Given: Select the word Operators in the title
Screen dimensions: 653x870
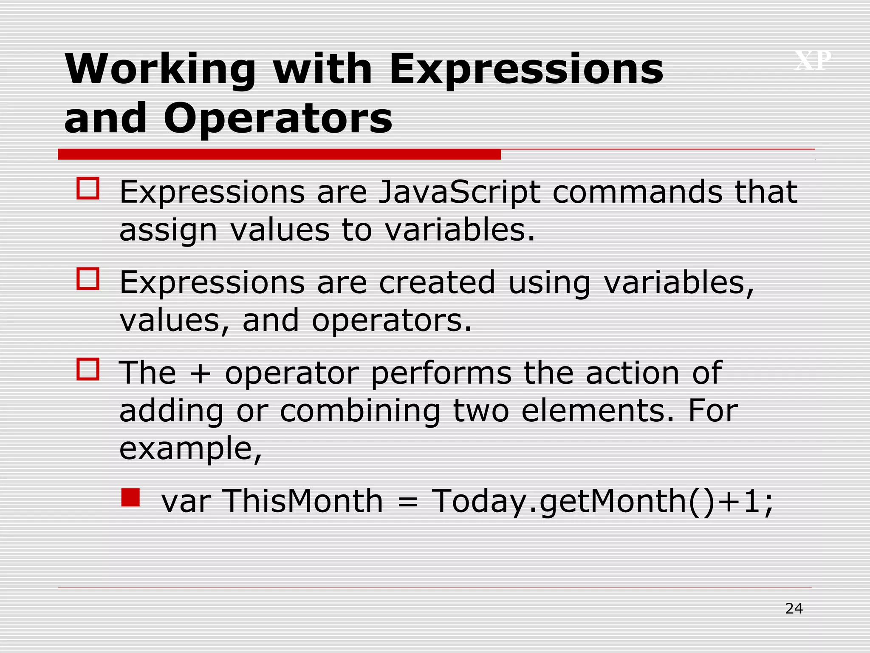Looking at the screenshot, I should [278, 119].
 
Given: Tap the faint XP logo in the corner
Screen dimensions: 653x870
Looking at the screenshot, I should [813, 60].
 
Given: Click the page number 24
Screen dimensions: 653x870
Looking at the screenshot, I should [794, 608].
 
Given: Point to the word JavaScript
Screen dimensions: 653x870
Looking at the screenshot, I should [459, 193].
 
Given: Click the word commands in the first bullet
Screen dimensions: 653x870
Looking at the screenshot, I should [637, 192].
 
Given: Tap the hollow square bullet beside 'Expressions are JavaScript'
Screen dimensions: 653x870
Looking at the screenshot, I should [88, 188].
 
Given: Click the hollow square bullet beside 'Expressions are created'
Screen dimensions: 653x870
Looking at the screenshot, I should [88, 279].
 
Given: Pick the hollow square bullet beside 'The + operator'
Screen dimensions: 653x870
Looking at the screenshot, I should [88, 369].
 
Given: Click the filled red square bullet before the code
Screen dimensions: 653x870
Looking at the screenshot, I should [130, 497].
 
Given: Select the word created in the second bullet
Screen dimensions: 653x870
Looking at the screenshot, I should [437, 283].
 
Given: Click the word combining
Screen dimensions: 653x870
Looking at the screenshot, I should [360, 411].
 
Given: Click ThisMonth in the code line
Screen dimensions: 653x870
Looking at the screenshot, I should [302, 501].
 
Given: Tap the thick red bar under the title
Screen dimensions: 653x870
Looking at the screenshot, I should [279, 154].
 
